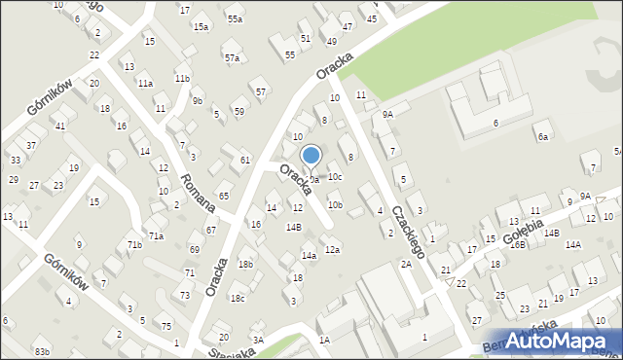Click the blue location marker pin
click(x=311, y=156)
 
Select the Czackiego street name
click(x=408, y=230)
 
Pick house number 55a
click(x=235, y=18)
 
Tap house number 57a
click(x=232, y=58)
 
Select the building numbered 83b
click(x=41, y=350)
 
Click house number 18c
click(x=238, y=298)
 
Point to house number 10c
click(x=335, y=177)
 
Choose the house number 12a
click(x=332, y=250)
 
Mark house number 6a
click(x=543, y=137)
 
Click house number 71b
click(x=134, y=244)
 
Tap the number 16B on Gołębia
click(x=517, y=244)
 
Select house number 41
click(x=59, y=126)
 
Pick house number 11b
click(x=182, y=78)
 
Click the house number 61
click(x=245, y=160)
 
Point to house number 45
click(x=371, y=18)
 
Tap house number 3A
click(x=258, y=340)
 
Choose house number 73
click(x=185, y=295)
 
